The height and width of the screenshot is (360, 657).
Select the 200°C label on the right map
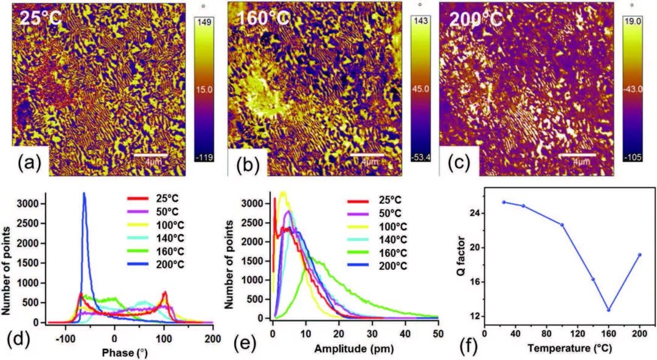point(476,18)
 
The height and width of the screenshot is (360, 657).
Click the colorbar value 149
point(201,21)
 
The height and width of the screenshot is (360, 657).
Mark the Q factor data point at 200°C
point(639,255)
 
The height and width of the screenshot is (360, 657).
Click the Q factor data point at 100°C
point(562,224)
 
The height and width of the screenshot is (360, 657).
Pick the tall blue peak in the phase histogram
point(84,195)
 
